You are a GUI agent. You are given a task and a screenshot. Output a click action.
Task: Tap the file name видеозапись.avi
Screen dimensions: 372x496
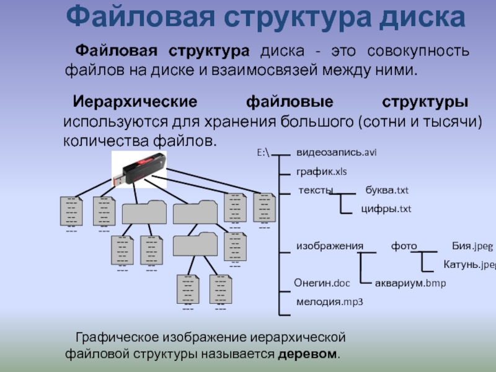337,152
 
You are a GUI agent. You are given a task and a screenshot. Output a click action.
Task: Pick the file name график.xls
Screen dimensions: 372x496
321,170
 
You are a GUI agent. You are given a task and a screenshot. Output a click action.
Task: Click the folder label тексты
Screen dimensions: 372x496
316,190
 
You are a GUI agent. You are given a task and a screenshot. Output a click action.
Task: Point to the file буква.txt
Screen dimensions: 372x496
387,190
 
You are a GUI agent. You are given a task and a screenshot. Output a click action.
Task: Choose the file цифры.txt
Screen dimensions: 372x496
386,209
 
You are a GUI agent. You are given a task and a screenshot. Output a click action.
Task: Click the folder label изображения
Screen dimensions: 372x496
329,246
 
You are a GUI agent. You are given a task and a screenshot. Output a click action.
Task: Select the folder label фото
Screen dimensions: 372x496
404,246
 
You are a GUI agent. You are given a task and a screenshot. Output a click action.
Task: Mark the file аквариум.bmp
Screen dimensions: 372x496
410,283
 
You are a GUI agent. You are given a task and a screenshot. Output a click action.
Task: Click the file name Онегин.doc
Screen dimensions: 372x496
322,283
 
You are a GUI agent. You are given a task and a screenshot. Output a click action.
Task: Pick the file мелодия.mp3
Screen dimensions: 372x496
329,302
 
